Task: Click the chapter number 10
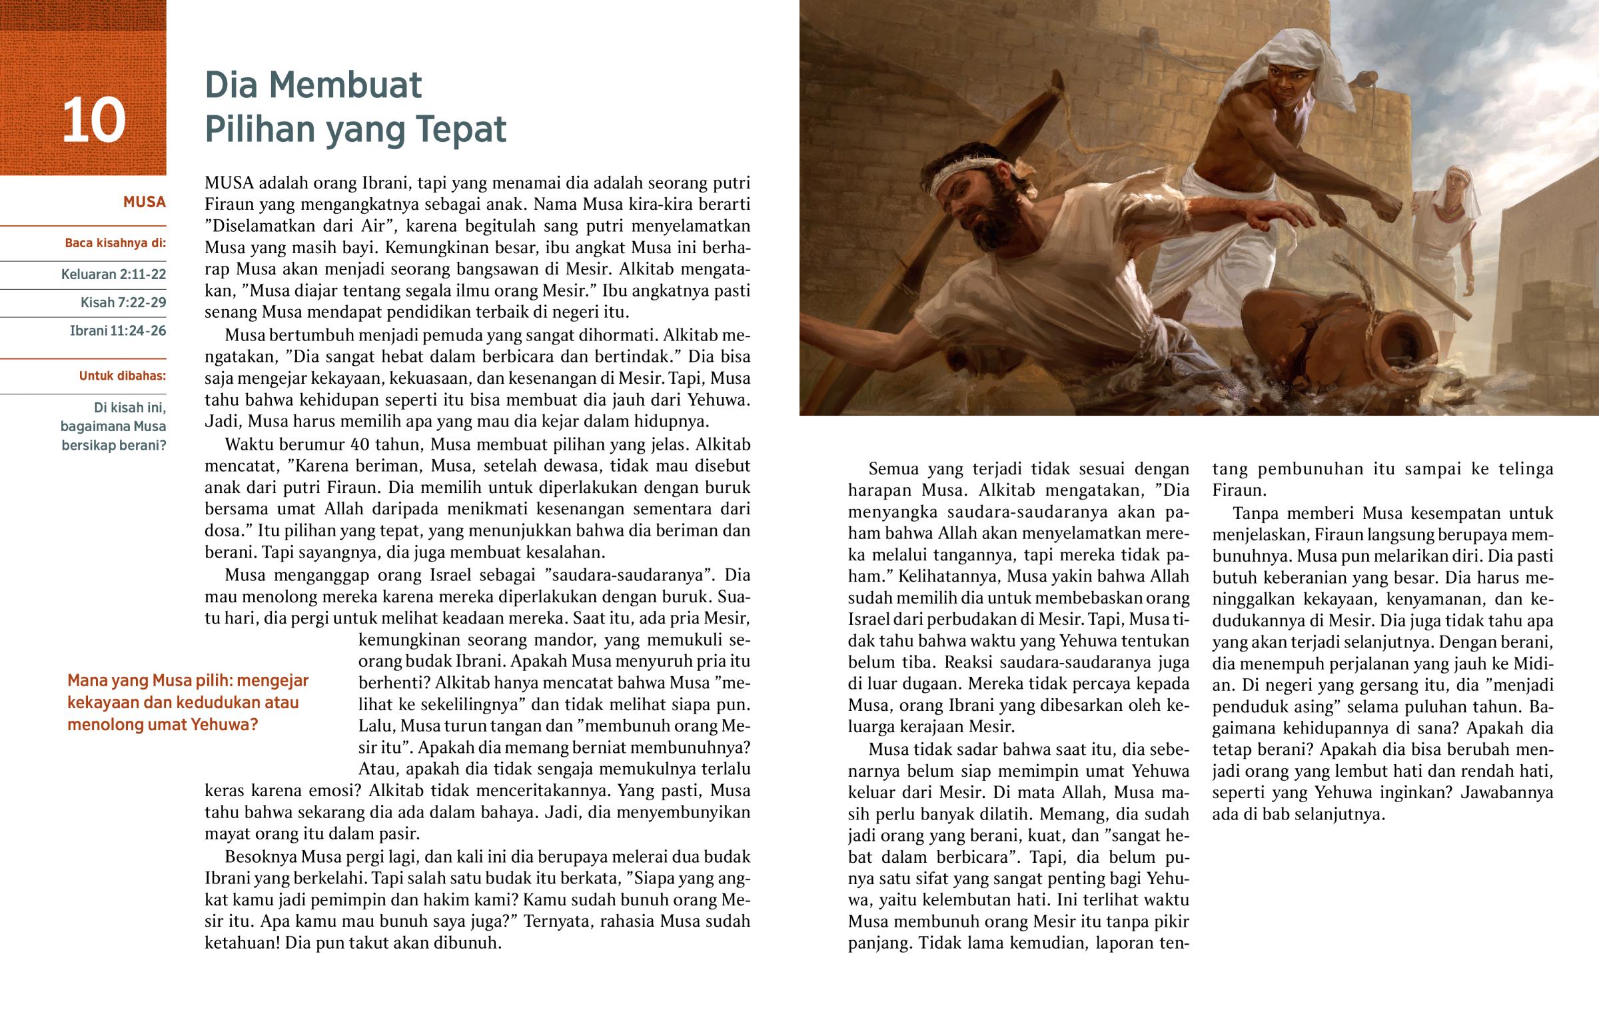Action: (x=93, y=121)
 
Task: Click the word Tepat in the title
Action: (x=461, y=129)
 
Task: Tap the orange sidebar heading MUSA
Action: (x=144, y=203)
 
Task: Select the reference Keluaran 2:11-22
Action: (x=113, y=274)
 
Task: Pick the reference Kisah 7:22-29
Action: (x=123, y=302)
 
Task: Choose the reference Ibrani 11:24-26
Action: (x=118, y=330)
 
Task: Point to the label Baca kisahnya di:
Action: (x=115, y=243)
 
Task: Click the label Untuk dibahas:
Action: (x=123, y=376)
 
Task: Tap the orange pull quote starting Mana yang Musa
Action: (x=187, y=702)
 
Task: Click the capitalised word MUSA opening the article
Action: (x=229, y=183)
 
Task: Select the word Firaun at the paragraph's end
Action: (x=1239, y=490)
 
